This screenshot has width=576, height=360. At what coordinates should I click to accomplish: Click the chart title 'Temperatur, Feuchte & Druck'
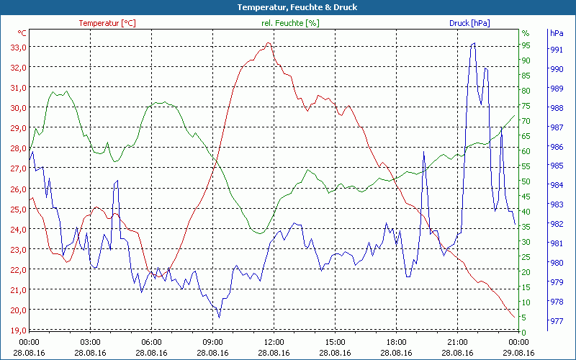coord(287,7)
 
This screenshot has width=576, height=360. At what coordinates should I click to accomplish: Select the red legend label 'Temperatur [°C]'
coord(107,23)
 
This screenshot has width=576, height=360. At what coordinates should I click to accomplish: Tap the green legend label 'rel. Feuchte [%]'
coord(289,23)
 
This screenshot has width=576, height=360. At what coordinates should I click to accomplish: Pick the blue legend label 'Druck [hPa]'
coord(469,23)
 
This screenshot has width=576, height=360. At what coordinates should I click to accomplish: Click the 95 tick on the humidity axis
coord(526,45)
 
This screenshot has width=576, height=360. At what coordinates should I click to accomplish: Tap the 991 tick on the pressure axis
coord(556,50)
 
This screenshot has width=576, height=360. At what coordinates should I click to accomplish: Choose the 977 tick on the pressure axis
coord(556,320)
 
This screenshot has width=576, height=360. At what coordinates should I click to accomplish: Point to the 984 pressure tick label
coord(556,185)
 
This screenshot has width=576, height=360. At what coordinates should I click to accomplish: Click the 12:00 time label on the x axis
coord(274,341)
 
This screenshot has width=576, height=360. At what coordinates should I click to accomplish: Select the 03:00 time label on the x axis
coord(91,341)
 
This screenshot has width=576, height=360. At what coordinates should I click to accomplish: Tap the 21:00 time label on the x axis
coord(458,341)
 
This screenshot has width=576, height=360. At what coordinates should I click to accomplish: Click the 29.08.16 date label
coord(519,353)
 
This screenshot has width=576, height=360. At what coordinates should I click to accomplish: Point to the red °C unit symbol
coord(22,33)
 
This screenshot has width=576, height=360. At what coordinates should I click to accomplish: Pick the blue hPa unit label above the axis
coord(557,33)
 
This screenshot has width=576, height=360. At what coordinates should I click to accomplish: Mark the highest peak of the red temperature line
coord(268,43)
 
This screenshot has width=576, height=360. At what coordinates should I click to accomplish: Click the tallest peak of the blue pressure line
coord(473,43)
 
